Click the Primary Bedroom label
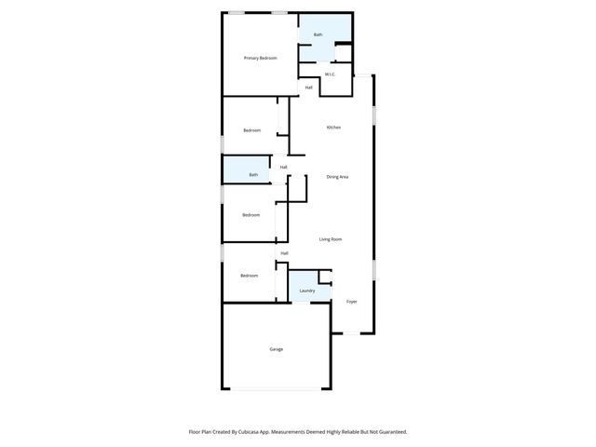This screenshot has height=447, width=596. click(x=261, y=59)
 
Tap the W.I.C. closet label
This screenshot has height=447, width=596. click(x=330, y=74)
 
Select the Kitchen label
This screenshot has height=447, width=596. click(x=333, y=128)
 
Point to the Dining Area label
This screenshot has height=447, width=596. click(x=337, y=177)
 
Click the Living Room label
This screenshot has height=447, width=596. click(x=331, y=239)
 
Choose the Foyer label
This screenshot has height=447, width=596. click(x=352, y=302)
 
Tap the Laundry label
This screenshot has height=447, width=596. click(x=307, y=291)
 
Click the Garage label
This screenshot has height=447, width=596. click(x=277, y=349)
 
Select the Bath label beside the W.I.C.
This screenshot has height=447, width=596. click(x=318, y=35)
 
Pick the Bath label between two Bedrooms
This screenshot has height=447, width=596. click(x=253, y=175)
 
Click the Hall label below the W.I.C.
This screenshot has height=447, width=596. click(x=308, y=88)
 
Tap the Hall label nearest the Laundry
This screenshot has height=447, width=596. click(x=284, y=253)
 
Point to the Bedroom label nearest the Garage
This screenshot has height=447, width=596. click(x=249, y=276)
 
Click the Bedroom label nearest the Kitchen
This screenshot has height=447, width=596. click(x=251, y=130)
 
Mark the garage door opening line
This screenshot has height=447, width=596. click(x=276, y=388)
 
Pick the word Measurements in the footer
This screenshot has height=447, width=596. click(x=295, y=432)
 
